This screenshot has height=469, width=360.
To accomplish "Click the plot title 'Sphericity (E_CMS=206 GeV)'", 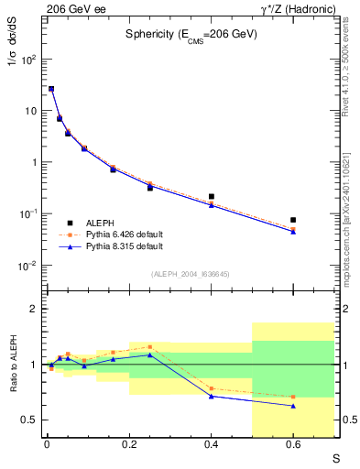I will [191, 34].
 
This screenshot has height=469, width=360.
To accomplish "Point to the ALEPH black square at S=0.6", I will [293, 220].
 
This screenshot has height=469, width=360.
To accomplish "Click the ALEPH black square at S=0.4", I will [211, 196].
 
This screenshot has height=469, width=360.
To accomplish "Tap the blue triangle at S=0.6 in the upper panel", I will [293, 232].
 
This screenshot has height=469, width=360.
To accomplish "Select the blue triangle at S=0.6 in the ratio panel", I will [293, 406].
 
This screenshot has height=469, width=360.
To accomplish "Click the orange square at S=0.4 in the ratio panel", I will [211, 388].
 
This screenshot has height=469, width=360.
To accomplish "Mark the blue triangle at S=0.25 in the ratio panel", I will [149, 354].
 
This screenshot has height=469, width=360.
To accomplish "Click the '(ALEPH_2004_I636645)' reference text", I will [191, 274].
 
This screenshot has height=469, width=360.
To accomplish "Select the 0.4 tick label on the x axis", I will [211, 445].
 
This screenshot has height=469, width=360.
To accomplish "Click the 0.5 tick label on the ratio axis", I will [30, 420].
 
